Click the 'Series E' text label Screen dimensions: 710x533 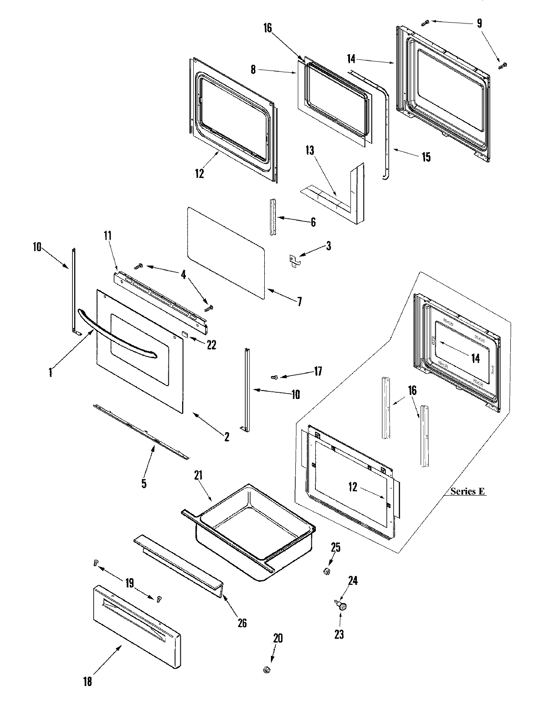467,491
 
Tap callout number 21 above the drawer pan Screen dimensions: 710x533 198,476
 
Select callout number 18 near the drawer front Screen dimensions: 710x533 88,681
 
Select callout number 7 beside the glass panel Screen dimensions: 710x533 299,302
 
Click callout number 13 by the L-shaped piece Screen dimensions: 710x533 310,151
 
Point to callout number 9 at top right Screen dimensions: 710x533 479,23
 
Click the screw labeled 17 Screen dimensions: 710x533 274,377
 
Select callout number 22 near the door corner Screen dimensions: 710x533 211,344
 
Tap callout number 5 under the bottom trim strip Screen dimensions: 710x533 144,483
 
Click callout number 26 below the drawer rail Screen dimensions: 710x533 242,623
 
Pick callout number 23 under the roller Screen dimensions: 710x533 339,635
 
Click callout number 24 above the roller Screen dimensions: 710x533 352,581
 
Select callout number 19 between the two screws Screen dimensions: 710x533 129,583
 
